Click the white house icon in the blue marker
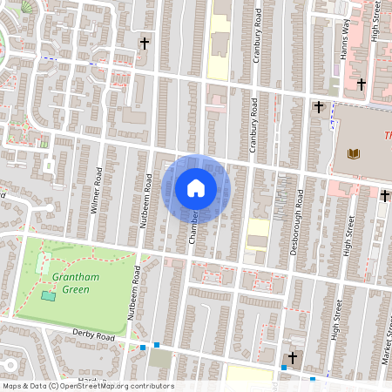coord(196,187)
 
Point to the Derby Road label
coord(94,335)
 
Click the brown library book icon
coord(353,154)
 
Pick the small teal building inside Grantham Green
coord(47,297)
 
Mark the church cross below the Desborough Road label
coord(293,358)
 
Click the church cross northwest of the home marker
coord(145,42)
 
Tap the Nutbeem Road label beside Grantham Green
coord(134,292)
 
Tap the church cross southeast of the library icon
coord(384,196)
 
